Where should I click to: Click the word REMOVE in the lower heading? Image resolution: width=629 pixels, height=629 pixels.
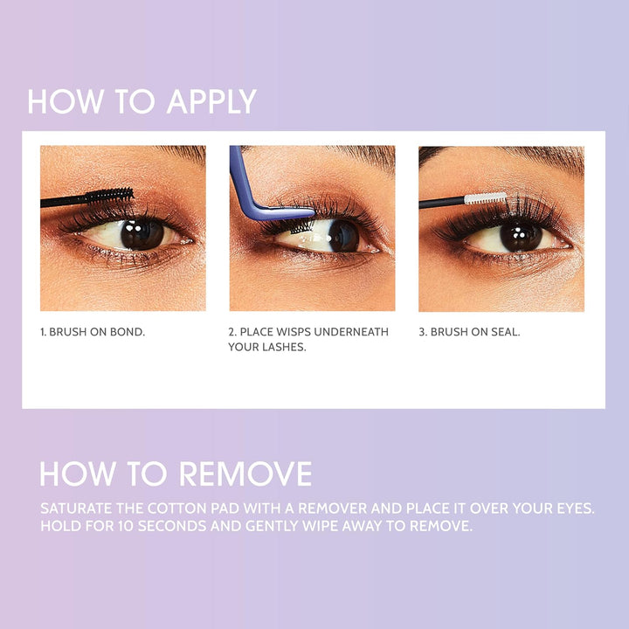(246, 473)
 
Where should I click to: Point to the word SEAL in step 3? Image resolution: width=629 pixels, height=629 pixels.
(501, 333)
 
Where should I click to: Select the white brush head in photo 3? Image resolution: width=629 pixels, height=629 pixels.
(485, 198)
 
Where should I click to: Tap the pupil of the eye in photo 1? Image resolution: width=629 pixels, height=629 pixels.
(139, 232)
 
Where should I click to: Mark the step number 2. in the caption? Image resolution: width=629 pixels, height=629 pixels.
(233, 333)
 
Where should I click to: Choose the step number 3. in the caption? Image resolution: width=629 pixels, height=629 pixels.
(423, 333)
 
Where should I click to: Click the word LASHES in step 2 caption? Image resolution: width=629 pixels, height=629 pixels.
(282, 348)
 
